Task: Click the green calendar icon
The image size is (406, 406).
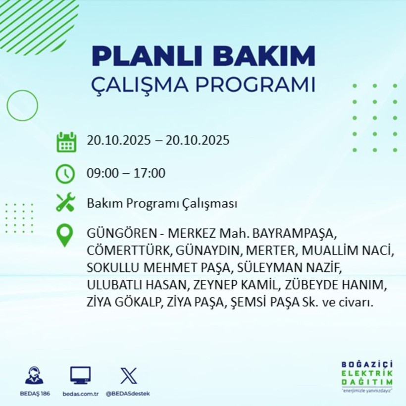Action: tap(66, 142)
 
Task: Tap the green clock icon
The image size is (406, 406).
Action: tap(66, 174)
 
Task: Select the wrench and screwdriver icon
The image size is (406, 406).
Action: tap(66, 203)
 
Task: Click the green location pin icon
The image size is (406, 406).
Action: tap(65, 235)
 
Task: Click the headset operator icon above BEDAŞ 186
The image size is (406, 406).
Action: tap(34, 376)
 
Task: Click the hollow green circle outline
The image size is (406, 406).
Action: tap(22, 105)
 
